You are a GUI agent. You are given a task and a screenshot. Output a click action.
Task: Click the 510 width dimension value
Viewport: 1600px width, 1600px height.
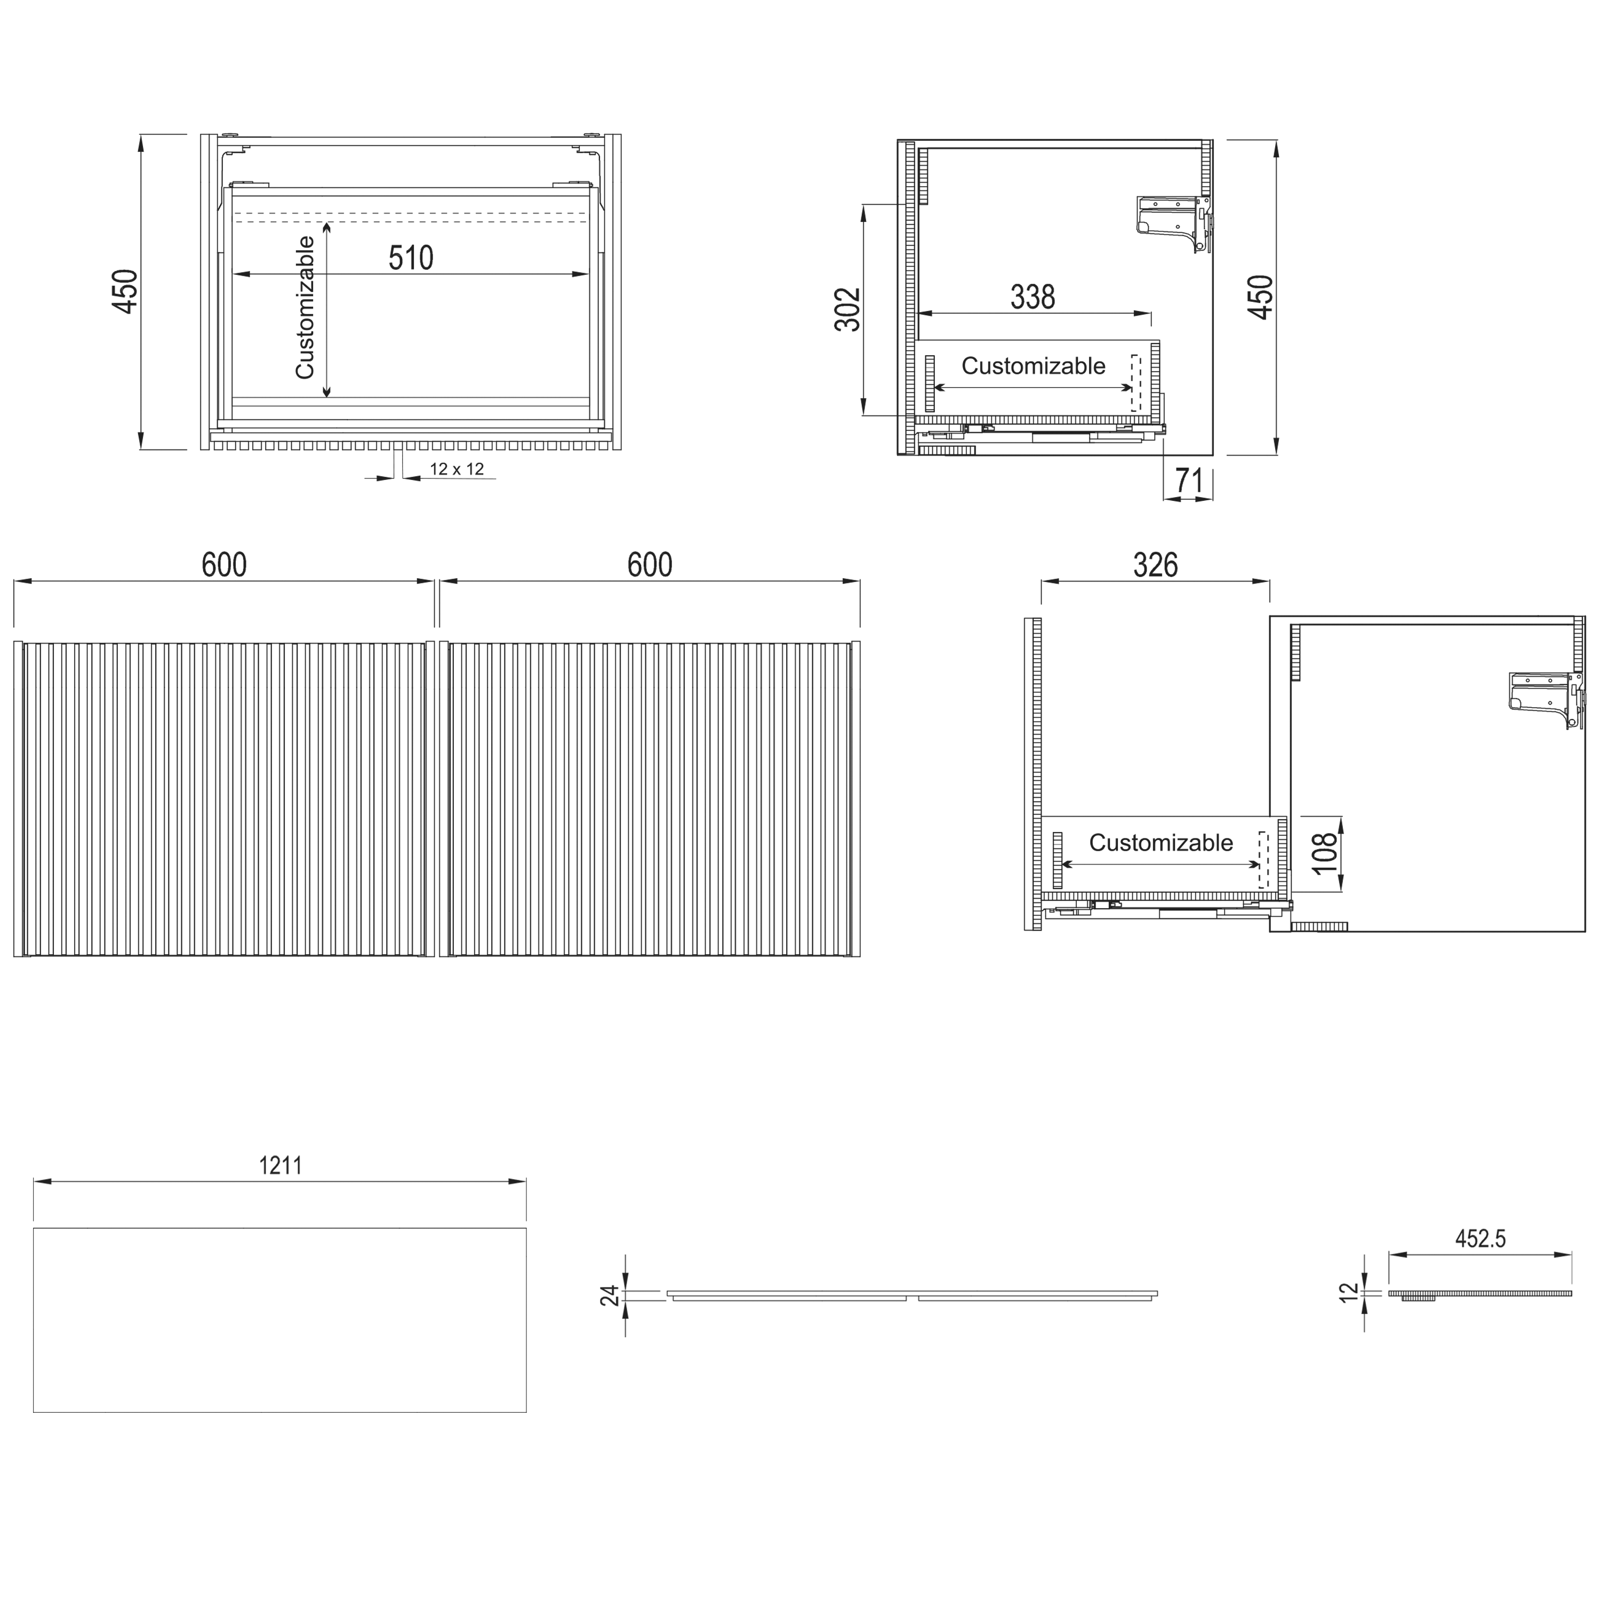(x=411, y=258)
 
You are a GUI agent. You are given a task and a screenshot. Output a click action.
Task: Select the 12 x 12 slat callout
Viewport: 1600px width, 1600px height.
(x=457, y=469)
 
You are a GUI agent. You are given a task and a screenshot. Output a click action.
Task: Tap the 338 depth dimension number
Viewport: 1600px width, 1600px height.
(x=1033, y=297)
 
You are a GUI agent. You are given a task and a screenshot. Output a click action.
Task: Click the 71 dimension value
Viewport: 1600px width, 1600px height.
(x=1189, y=481)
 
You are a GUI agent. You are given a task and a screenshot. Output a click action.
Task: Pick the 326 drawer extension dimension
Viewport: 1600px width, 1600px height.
(x=1155, y=566)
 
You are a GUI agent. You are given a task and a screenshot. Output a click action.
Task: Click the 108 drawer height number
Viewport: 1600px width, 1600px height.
(x=1325, y=853)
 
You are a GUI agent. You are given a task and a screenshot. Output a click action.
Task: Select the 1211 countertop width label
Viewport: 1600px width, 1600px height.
(x=281, y=1166)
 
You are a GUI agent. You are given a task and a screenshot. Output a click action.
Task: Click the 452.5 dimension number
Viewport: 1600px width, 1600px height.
(x=1480, y=1262)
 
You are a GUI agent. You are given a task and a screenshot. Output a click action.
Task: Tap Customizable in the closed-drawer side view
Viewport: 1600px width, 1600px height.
(x=1033, y=366)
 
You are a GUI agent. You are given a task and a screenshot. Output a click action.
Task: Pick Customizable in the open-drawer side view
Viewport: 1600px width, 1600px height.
(x=1160, y=843)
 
